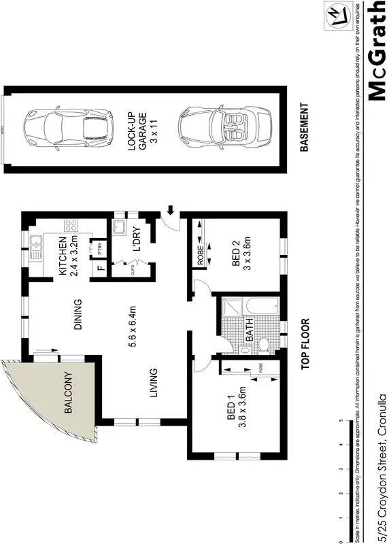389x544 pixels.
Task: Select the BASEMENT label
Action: coord(304,127)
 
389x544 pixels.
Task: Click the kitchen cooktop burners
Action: coord(70,226)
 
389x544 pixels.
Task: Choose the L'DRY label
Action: coord(135,242)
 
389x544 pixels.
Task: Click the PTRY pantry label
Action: coord(99,249)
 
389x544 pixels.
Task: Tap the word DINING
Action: coord(79,314)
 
